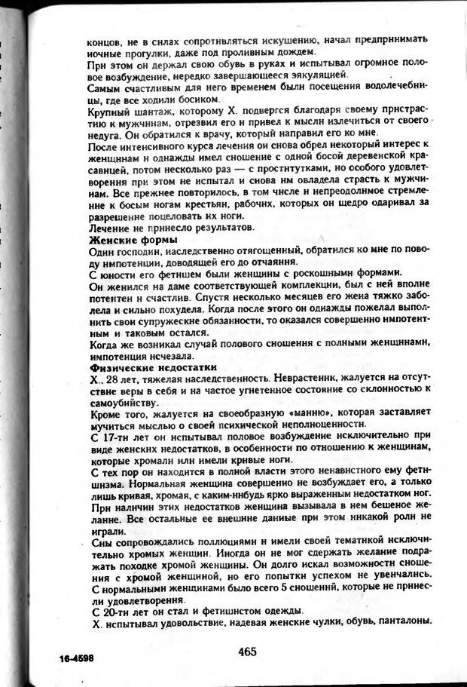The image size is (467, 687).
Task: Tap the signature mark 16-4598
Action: coord(79,657)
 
